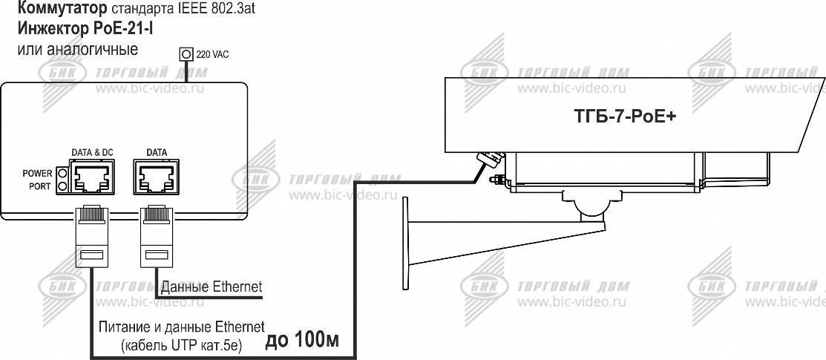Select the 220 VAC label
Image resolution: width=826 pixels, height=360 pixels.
212,54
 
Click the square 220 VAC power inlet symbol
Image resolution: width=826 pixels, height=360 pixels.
186,53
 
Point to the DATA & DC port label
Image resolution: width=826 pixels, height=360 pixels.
92,153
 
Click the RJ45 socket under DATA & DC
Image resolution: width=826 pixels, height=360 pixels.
92,177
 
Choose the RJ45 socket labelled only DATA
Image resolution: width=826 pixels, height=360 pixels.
157,177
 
